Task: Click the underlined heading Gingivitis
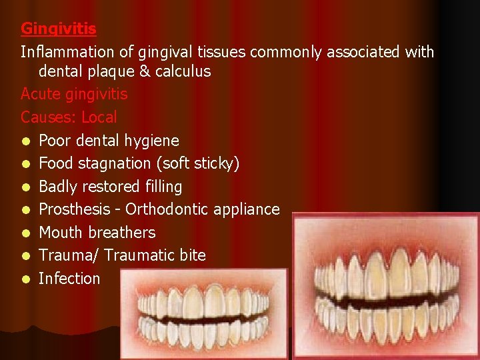point(59,29)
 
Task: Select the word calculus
point(183,71)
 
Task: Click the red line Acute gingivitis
point(74,94)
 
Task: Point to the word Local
point(99,117)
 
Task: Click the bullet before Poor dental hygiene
point(25,141)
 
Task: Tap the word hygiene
point(151,140)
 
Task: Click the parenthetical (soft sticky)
point(201,163)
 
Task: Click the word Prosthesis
point(73,209)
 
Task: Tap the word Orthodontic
point(167,209)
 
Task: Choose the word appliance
point(247,209)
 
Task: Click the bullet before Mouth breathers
point(25,233)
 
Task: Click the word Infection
point(69,278)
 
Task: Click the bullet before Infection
point(25,279)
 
